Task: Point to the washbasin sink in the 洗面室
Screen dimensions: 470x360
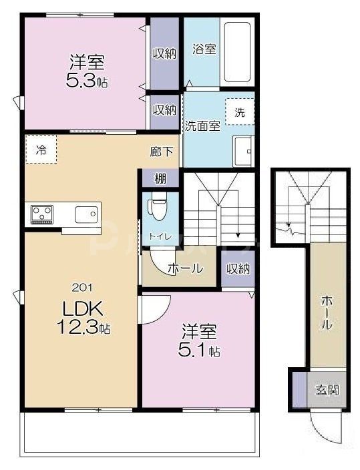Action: pyautogui.click(x=242, y=150)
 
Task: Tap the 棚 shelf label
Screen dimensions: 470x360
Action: pyautogui.click(x=160, y=178)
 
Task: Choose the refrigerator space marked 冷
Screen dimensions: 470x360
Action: pyautogui.click(x=41, y=150)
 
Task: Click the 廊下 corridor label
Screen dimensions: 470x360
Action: pyautogui.click(x=158, y=151)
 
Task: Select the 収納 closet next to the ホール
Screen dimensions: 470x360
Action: pyautogui.click(x=237, y=270)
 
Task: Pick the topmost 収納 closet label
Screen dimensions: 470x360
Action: pyautogui.click(x=164, y=53)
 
